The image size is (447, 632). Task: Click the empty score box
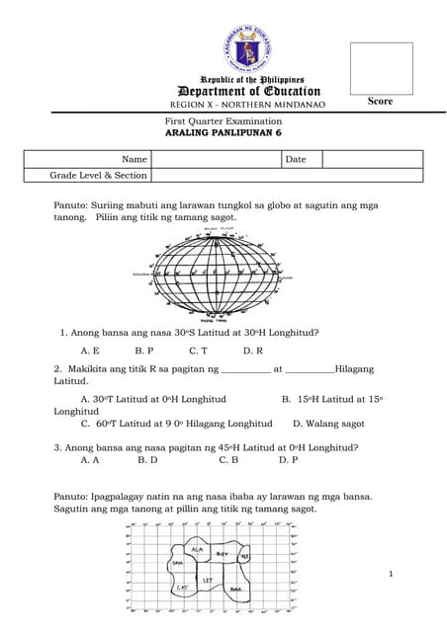tap(381, 68)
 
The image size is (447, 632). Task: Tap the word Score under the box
tap(381, 102)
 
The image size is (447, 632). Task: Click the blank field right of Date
tap(372, 159)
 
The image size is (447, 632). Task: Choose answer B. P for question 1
tap(144, 351)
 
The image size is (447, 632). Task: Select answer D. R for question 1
tap(252, 351)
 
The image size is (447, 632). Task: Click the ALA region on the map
tap(197, 548)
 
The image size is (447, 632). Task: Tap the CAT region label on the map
tap(182, 588)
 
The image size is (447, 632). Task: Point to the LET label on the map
tap(208, 581)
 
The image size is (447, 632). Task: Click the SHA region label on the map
tap(178, 563)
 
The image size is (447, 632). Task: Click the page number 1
tap(392, 575)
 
